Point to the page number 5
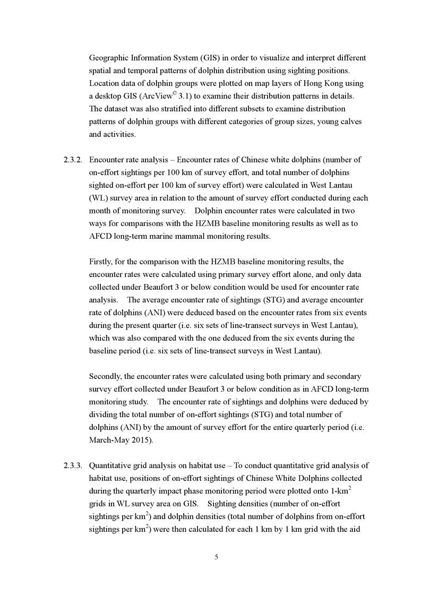coord(217,557)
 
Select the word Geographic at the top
coord(109,58)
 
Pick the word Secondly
coord(105,376)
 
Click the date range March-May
coord(110,440)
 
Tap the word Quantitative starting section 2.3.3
coord(111,465)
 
